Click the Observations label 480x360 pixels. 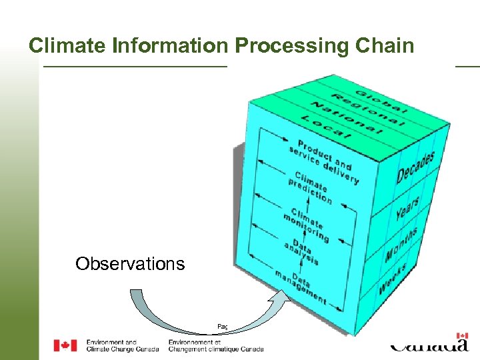130,264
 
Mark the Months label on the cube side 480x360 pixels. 401,245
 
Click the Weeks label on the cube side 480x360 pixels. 394,279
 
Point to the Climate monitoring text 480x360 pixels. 307,223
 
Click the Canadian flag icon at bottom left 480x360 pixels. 65,345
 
